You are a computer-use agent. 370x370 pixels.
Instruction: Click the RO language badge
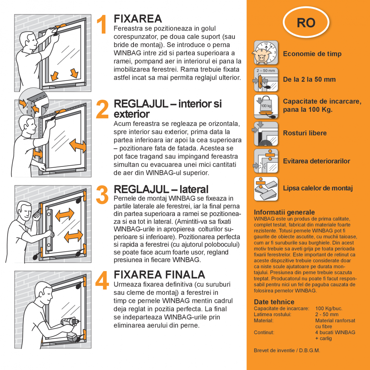click(306, 23)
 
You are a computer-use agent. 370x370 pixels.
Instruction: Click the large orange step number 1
click(103, 25)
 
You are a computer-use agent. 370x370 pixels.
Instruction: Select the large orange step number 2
click(103, 109)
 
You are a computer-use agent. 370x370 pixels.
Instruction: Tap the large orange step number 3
click(103, 195)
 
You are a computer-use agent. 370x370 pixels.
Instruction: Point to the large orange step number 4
click(103, 280)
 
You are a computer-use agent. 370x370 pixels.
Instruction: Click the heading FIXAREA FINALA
click(160, 275)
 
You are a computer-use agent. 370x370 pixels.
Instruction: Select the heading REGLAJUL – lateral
click(161, 189)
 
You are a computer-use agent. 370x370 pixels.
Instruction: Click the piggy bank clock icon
click(266, 53)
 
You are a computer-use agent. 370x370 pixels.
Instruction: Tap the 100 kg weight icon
click(266, 107)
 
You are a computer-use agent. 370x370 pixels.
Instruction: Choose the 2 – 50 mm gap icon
click(266, 79)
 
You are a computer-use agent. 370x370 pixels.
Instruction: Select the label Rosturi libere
click(305, 133)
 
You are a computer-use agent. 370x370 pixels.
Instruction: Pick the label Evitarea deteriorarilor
click(317, 161)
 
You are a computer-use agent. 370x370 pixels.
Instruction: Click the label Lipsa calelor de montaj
click(318, 188)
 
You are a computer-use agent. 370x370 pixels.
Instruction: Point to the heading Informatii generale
click(284, 212)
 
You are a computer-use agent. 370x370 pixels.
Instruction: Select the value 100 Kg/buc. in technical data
click(329, 308)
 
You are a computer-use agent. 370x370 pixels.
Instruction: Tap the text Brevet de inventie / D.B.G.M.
click(287, 350)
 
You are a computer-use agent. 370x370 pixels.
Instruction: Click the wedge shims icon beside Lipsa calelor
click(266, 189)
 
